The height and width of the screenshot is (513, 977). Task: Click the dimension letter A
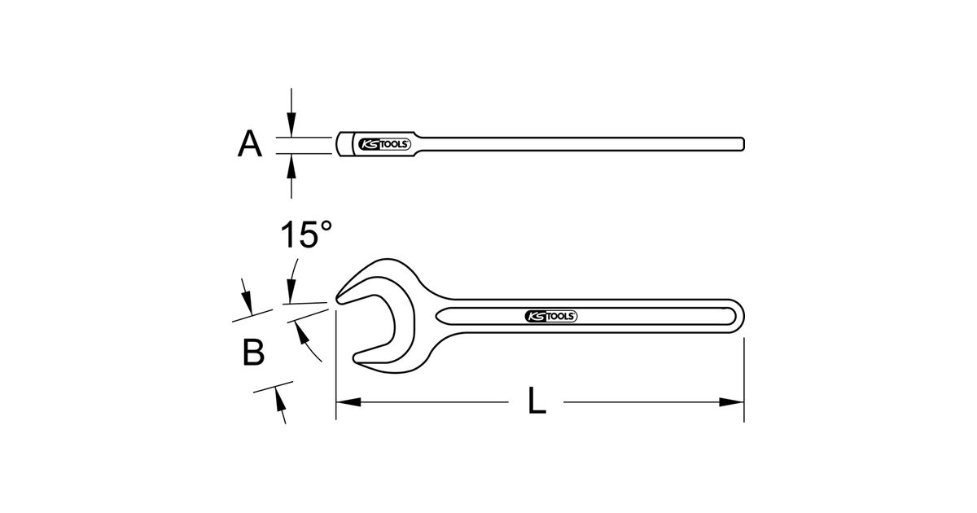pos(250,143)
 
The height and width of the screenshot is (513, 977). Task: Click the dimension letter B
pos(253,352)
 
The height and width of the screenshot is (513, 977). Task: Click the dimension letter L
pos(537,400)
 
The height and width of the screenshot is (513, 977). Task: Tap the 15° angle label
pos(306,235)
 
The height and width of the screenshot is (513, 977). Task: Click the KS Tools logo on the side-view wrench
pos(383,144)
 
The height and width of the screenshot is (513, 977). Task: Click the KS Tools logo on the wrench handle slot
pos(551,316)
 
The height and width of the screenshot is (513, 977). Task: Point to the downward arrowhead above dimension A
pos(291,125)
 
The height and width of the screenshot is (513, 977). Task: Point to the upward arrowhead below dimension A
pos(291,166)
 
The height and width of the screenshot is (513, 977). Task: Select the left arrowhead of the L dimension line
pos(348,402)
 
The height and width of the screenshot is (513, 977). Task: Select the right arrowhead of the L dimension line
pos(731,402)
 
